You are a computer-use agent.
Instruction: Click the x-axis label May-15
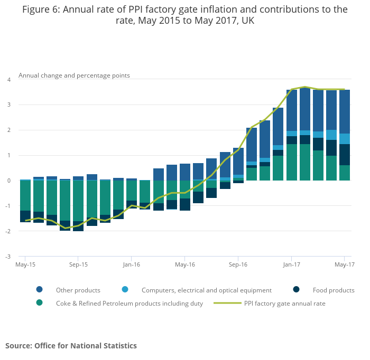25,264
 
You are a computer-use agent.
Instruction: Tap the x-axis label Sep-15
78,264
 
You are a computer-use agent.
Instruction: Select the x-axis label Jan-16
132,264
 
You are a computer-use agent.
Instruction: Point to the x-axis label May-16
185,264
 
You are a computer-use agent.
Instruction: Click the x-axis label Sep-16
238,264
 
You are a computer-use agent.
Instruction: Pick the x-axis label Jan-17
291,264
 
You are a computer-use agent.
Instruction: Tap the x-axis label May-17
344,264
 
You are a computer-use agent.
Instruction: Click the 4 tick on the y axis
8,80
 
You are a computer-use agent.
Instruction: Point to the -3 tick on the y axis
8,257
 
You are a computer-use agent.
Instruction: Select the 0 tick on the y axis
8,181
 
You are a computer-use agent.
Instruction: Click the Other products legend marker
40,290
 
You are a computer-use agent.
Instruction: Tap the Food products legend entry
333,290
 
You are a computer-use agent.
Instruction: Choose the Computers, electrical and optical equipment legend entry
206,290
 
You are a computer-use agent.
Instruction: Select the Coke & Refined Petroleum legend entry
129,304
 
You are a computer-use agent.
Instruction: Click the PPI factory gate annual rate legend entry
284,304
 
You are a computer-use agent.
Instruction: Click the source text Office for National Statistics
86,346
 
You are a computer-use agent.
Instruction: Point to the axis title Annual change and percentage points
74,75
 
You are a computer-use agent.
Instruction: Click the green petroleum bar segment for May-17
345,173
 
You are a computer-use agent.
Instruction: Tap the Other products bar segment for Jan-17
291,110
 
